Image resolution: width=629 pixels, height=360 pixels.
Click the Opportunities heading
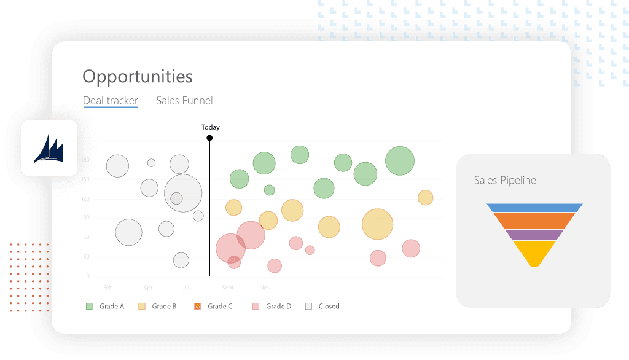[137, 77]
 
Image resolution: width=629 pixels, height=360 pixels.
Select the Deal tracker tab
[111, 101]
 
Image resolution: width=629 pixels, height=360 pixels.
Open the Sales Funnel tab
[184, 101]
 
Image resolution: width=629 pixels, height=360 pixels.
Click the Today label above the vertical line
[210, 127]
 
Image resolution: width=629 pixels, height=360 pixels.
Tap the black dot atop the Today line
[209, 138]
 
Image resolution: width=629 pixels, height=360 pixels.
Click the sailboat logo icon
[49, 149]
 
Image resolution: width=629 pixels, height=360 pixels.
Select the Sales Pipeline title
[504, 181]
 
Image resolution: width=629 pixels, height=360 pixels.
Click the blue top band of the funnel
[534, 208]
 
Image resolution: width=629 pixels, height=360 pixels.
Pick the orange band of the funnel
[534, 221]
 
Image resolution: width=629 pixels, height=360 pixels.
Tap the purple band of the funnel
[534, 235]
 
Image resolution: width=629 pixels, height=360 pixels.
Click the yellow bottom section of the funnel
[534, 252]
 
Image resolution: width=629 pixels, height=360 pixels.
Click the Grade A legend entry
[105, 306]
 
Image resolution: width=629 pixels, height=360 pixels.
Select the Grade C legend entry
[213, 306]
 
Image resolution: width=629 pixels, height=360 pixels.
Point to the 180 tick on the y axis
[85, 160]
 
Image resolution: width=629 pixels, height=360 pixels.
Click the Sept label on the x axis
[228, 288]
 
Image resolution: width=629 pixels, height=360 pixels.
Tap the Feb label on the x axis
[108, 288]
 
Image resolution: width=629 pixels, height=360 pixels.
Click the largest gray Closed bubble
[183, 193]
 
